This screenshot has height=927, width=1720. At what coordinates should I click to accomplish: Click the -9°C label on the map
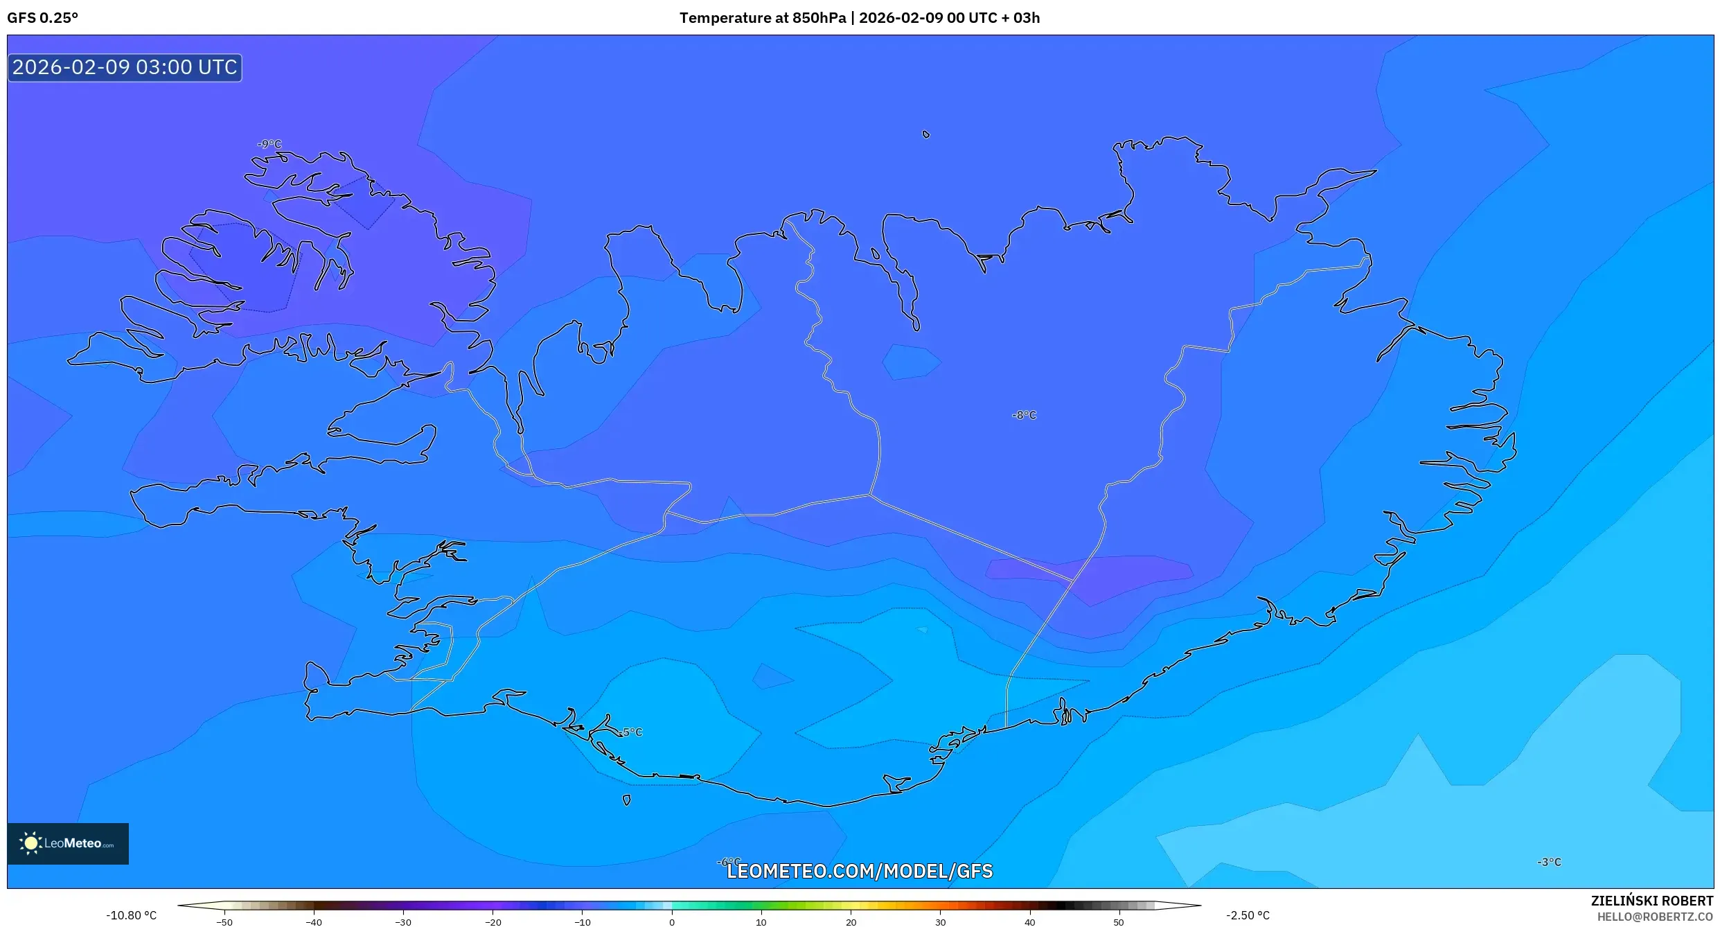click(x=269, y=144)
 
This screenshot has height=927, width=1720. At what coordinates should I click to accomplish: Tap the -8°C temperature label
click(x=1024, y=415)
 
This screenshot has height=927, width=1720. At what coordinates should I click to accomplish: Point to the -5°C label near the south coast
click(x=631, y=732)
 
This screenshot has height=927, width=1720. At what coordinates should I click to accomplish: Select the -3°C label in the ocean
click(x=1549, y=862)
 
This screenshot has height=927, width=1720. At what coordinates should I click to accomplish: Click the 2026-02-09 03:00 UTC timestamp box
click(x=125, y=67)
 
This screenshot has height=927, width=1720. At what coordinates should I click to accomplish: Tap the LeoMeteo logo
click(x=68, y=843)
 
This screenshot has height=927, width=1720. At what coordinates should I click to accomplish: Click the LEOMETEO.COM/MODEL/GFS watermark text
click(x=859, y=871)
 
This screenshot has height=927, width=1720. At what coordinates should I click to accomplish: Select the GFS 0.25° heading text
click(x=42, y=18)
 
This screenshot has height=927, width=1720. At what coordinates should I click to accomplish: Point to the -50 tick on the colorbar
click(x=224, y=922)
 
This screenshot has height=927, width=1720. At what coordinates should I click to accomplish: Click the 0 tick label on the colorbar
click(x=671, y=922)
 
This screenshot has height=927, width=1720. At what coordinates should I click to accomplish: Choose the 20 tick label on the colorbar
click(x=851, y=922)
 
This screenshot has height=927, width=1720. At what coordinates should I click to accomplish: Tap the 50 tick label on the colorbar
click(x=1119, y=922)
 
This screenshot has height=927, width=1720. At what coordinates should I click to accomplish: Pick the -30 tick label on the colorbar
click(x=403, y=922)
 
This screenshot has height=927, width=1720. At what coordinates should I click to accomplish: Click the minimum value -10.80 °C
click(x=132, y=915)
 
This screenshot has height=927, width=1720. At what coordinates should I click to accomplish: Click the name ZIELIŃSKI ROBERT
click(x=1651, y=901)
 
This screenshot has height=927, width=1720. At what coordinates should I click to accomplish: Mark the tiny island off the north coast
click(x=926, y=134)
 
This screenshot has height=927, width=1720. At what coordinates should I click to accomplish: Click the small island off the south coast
click(x=626, y=800)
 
